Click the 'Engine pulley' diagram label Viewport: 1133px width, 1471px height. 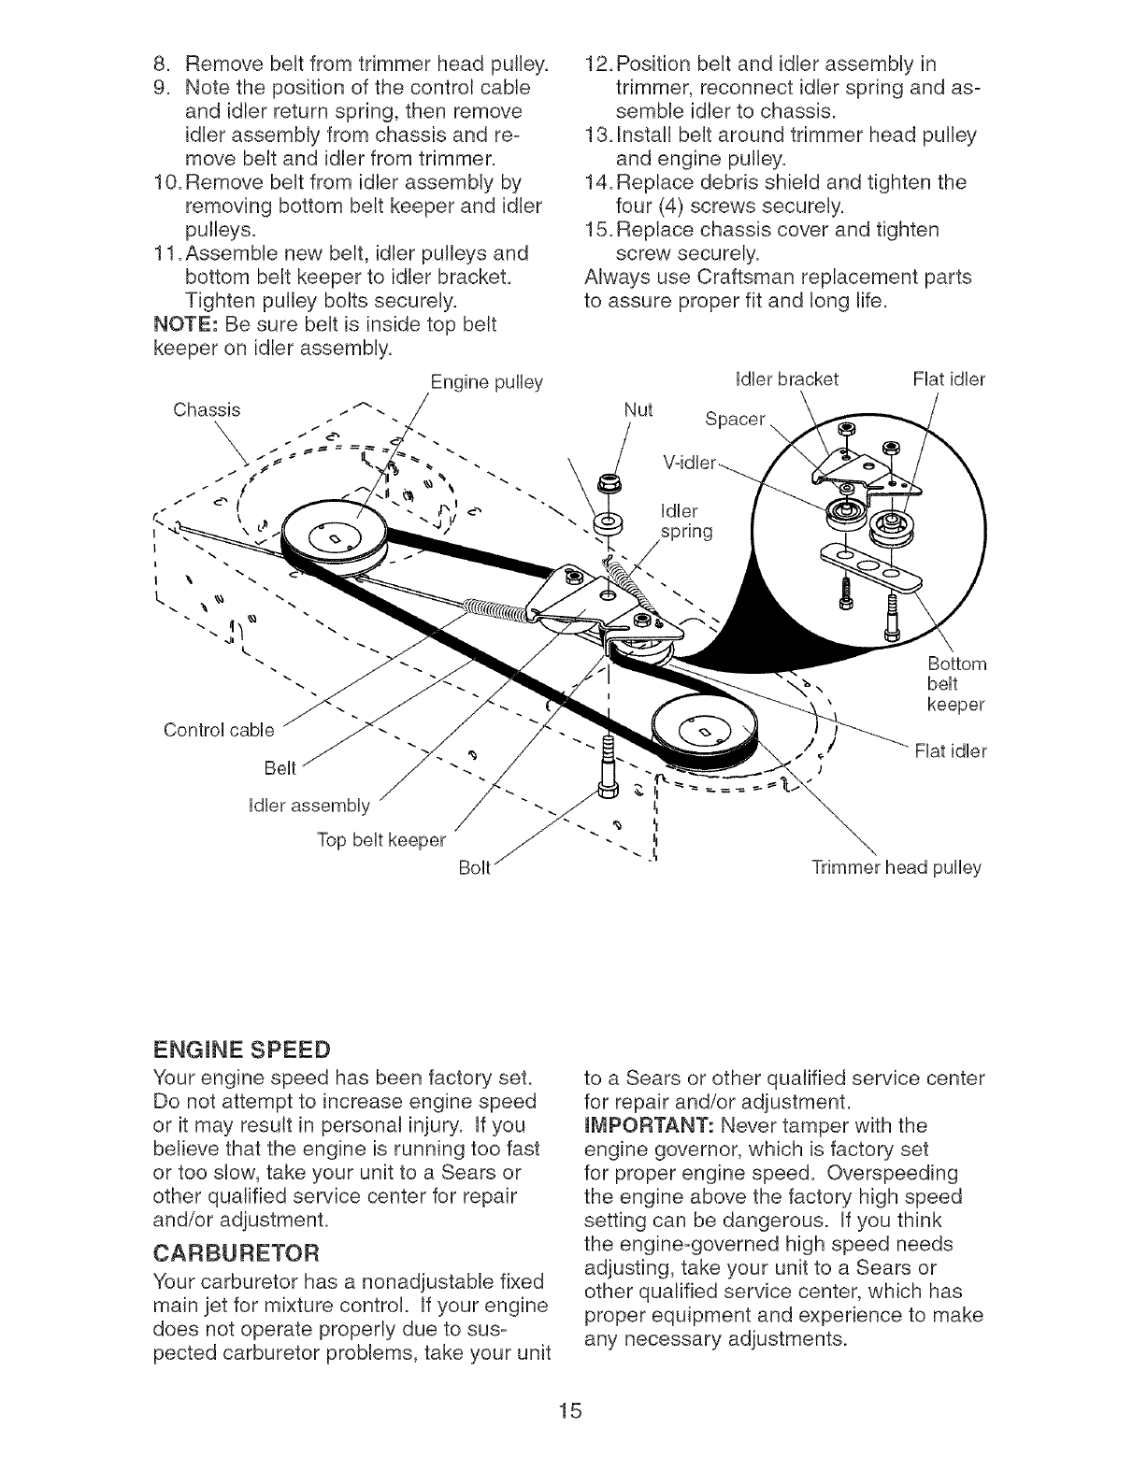point(486,383)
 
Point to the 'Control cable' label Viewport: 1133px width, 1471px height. point(219,728)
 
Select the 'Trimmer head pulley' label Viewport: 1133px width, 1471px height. point(896,867)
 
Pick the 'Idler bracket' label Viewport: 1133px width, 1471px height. point(788,379)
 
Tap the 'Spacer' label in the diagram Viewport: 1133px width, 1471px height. point(735,419)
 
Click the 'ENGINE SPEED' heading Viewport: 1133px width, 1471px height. point(241,1045)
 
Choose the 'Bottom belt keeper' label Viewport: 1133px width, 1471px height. point(956,683)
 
